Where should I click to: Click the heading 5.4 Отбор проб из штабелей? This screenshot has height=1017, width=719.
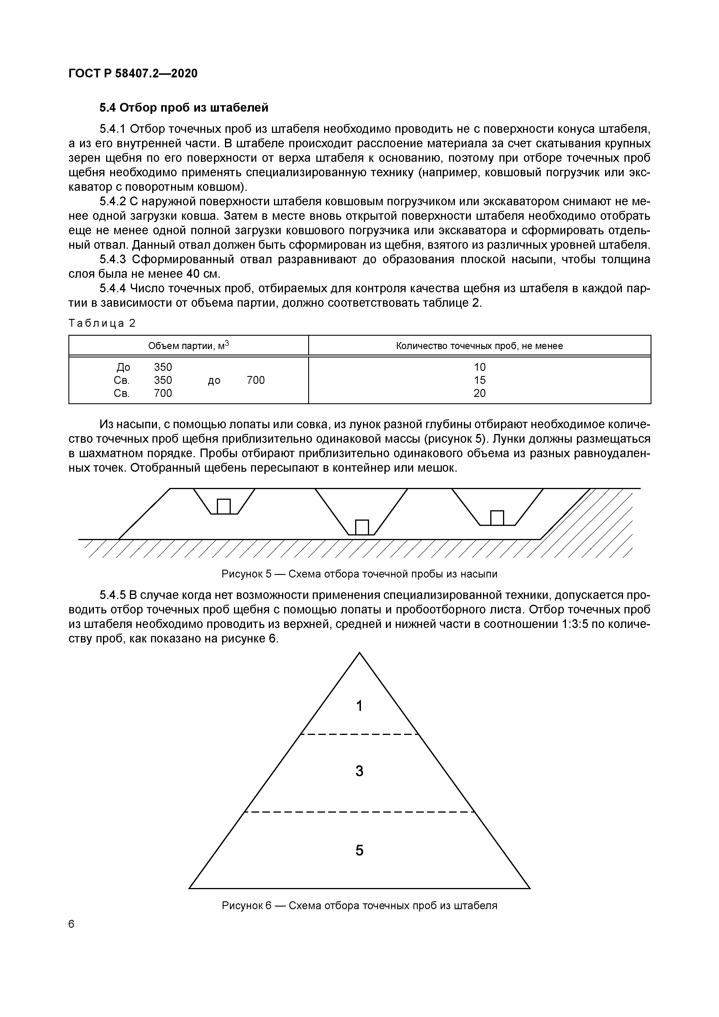(x=184, y=108)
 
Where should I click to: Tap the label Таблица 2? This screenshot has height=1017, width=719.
(x=102, y=323)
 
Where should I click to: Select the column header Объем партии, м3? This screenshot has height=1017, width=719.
(x=188, y=346)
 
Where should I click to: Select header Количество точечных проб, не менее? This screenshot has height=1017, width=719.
(x=479, y=346)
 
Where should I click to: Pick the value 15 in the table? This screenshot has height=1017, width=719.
(x=479, y=380)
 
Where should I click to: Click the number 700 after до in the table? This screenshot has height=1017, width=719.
(x=256, y=380)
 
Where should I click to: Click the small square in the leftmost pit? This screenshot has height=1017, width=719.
(x=224, y=506)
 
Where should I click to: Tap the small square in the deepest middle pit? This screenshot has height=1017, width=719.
(x=362, y=527)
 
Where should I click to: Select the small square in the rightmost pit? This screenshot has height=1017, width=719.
(x=497, y=518)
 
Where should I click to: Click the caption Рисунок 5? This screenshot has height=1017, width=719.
(x=359, y=574)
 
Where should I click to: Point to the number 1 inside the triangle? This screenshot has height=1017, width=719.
(x=359, y=706)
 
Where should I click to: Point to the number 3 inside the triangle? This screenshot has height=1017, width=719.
(x=359, y=771)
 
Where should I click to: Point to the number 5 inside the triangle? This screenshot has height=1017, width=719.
(x=359, y=851)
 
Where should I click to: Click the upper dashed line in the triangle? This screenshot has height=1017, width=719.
(x=359, y=734)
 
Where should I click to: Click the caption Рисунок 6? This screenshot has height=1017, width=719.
(x=359, y=906)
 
